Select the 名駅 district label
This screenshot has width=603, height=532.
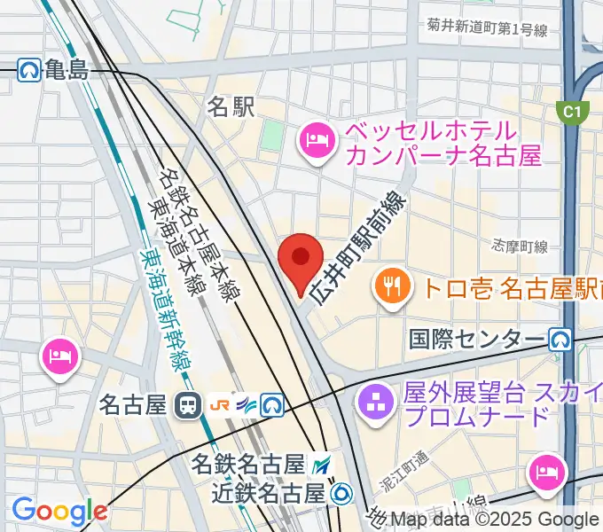click(231, 107)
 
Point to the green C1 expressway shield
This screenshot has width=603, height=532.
click(573, 112)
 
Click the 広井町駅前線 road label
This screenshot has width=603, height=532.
click(359, 248)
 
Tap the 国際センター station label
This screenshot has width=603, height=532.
click(477, 339)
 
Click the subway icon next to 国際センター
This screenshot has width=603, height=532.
click(560, 339)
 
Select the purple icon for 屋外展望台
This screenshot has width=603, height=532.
click(373, 403)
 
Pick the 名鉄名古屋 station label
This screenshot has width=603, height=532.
click(248, 465)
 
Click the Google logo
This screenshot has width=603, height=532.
click(59, 511)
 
